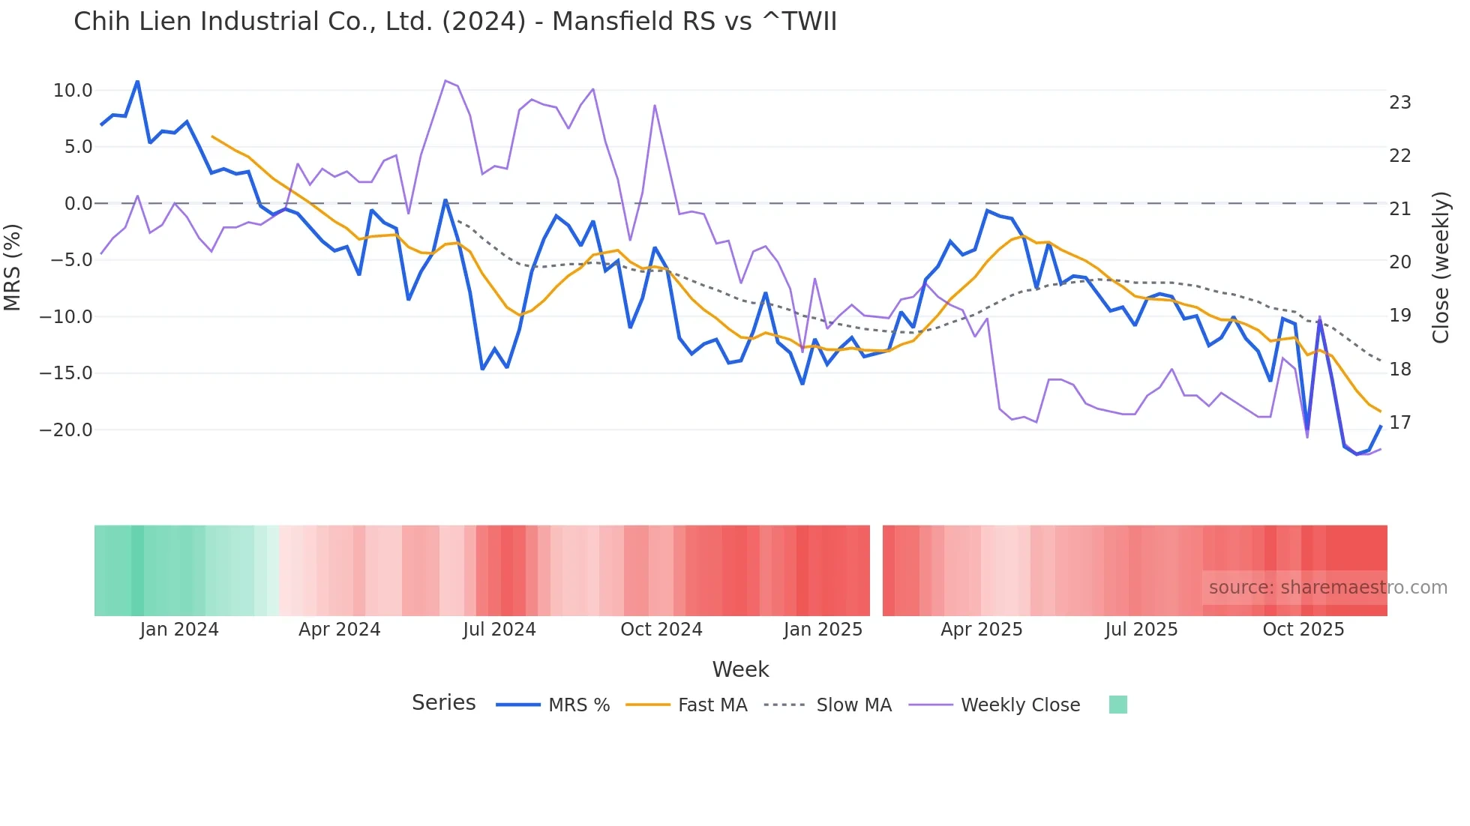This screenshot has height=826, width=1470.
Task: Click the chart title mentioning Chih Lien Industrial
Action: pyautogui.click(x=454, y=22)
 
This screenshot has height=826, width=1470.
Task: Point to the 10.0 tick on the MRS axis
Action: pyautogui.click(x=73, y=91)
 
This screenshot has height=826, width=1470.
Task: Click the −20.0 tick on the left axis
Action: pyautogui.click(x=66, y=430)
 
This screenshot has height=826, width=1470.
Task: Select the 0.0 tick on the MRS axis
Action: pyautogui.click(x=78, y=204)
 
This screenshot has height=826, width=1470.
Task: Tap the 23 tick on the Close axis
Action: pyautogui.click(x=1399, y=103)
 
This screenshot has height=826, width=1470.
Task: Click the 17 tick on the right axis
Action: pyautogui.click(x=1399, y=423)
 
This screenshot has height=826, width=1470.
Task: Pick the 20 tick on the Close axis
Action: pyautogui.click(x=1399, y=262)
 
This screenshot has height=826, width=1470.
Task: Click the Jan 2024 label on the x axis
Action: pyautogui.click(x=179, y=630)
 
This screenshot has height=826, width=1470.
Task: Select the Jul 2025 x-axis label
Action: pyautogui.click(x=1141, y=630)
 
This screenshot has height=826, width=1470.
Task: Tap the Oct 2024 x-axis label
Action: pyautogui.click(x=661, y=630)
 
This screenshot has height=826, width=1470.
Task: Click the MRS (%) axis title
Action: pyautogui.click(x=13, y=267)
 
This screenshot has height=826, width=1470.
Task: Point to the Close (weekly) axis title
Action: pyautogui.click(x=1440, y=268)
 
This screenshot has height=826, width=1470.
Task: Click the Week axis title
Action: pyautogui.click(x=740, y=669)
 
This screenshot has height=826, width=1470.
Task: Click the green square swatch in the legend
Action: pyautogui.click(x=1117, y=705)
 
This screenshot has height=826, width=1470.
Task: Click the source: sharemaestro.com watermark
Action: pyautogui.click(x=1327, y=588)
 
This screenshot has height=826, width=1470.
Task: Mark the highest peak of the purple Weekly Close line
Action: pyautogui.click(x=445, y=80)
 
